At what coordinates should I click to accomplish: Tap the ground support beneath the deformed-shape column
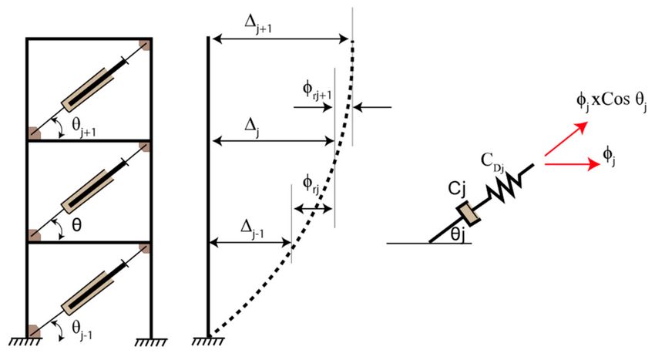(209, 341)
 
